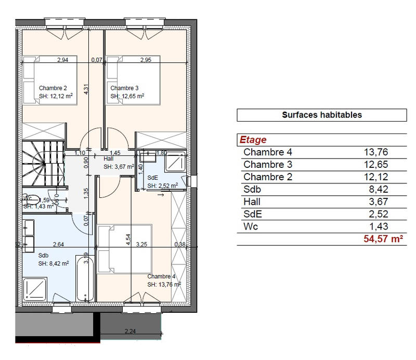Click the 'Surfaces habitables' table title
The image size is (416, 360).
(321, 115)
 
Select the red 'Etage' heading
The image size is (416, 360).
(253, 140)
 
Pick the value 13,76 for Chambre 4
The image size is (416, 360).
(376, 152)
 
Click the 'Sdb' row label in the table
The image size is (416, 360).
(252, 190)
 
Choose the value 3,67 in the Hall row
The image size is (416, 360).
(379, 202)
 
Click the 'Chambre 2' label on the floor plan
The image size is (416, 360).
(53, 88)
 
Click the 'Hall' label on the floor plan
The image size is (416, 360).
(109, 159)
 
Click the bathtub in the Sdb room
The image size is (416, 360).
(85, 278)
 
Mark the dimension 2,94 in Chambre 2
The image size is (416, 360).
(63, 60)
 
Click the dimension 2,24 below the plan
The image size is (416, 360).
(130, 331)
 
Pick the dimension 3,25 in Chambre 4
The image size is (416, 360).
(141, 244)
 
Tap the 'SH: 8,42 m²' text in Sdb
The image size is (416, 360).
(54, 264)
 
